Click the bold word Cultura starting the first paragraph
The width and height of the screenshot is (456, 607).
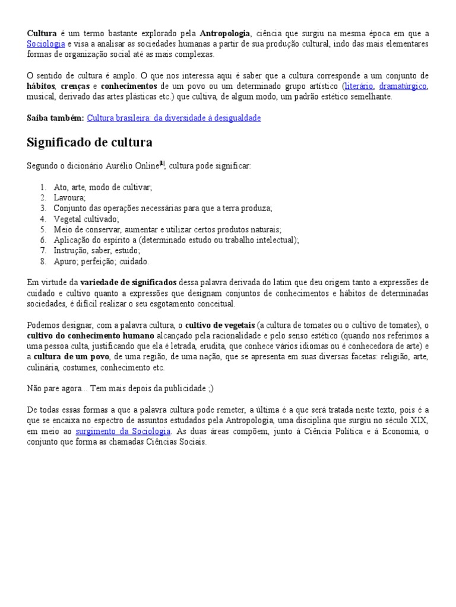point(42,33)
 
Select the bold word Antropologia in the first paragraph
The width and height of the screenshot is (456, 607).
point(225,33)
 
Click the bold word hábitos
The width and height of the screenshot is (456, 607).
point(41,87)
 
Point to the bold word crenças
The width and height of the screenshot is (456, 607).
point(74,87)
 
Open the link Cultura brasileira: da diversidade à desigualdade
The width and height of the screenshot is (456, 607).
point(173,118)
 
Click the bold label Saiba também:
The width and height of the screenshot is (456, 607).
point(55,118)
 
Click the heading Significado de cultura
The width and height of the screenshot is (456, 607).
point(90,142)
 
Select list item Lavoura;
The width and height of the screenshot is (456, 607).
point(69,197)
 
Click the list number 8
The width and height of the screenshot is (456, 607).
point(43,261)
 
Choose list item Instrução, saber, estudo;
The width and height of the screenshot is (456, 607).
point(96,251)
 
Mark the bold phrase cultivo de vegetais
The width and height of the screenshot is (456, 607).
point(220,325)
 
